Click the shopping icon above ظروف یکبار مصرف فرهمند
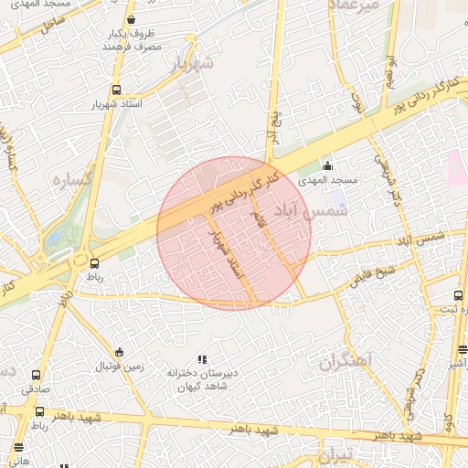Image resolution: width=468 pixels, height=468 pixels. [x=132, y=19]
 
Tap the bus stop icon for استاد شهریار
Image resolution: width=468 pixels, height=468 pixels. [x=115, y=90]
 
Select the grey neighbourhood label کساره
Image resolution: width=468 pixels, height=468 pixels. [x=70, y=178]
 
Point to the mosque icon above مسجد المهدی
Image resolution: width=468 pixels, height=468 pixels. [x=327, y=165]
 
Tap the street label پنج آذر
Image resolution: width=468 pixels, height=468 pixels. [x=271, y=122]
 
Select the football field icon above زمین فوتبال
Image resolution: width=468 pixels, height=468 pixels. [x=119, y=353]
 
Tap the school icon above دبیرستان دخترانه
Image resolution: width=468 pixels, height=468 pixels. [x=202, y=360]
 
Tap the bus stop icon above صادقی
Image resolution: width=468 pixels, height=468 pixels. [x=37, y=375]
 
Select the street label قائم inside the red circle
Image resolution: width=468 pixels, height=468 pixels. [x=259, y=214]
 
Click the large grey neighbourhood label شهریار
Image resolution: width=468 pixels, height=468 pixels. [x=191, y=63]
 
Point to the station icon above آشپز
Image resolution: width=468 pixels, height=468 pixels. [x=463, y=349]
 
